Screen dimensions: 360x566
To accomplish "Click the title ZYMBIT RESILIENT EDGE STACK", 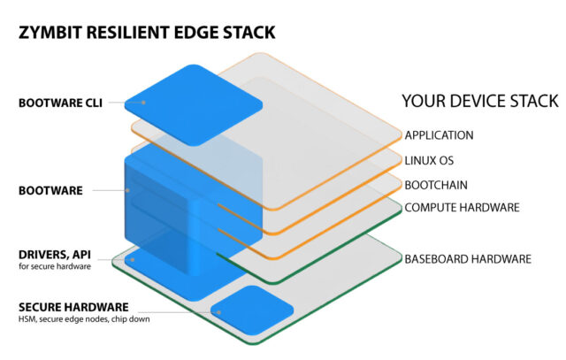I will tap(146, 33).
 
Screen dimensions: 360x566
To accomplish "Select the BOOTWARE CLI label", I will tap(59, 103).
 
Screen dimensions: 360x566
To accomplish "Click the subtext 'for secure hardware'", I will tap(52, 266).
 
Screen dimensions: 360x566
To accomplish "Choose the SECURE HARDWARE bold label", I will tap(73, 307).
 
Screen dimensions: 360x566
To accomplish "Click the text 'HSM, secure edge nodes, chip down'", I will tap(93, 320).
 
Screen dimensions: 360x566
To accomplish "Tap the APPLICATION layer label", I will tap(439, 135).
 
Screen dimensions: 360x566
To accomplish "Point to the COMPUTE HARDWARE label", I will tap(461, 208).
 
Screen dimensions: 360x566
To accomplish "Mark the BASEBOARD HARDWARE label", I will tap(467, 259).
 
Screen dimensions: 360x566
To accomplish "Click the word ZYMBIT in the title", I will tap(50, 33).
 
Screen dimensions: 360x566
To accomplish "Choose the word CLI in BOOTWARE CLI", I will tap(92, 103).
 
